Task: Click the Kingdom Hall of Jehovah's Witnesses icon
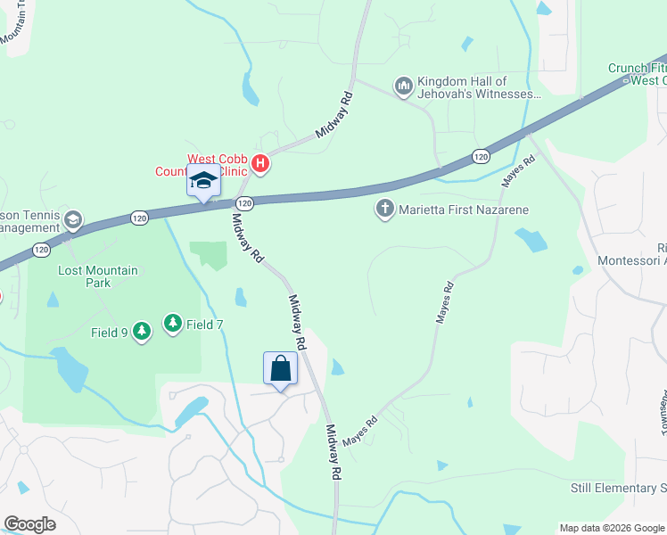pyautogui.click(x=403, y=86)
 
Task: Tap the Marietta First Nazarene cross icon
pyautogui.click(x=385, y=210)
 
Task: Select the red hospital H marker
pyautogui.click(x=260, y=163)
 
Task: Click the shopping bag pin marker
pyautogui.click(x=280, y=368)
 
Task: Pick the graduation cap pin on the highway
pyautogui.click(x=202, y=181)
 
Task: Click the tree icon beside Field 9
pyautogui.click(x=141, y=332)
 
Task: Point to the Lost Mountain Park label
pyautogui.click(x=98, y=276)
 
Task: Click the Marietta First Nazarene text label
pyautogui.click(x=464, y=210)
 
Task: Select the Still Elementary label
pyautogui.click(x=618, y=489)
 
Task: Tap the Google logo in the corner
pyautogui.click(x=29, y=524)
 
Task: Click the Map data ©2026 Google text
pyautogui.click(x=610, y=528)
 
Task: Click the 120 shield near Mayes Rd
pyautogui.click(x=480, y=156)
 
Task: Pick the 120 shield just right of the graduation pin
pyautogui.click(x=245, y=203)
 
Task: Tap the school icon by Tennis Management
pyautogui.click(x=72, y=219)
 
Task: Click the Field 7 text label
pyautogui.click(x=204, y=325)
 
